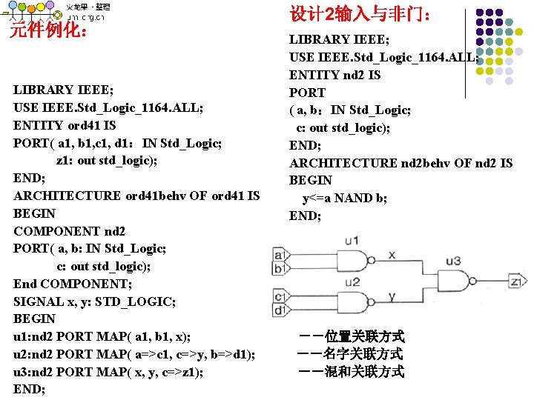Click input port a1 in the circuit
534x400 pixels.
pos(280,255)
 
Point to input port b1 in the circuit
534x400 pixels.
pos(280,269)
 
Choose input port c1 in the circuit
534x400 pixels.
pos(280,296)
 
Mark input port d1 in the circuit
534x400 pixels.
pos(280,310)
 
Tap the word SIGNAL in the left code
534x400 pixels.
pos(39,301)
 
